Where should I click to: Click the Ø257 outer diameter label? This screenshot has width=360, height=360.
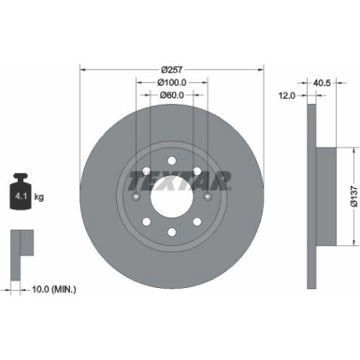[x=170, y=69]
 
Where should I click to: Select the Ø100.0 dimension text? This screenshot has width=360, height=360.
[x=170, y=82]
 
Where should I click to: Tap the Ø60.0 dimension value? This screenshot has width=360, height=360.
[x=170, y=94]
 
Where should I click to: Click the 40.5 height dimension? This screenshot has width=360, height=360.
[x=322, y=82]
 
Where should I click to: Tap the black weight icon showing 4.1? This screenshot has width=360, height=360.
[x=22, y=194]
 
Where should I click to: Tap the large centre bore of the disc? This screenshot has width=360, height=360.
[x=171, y=196]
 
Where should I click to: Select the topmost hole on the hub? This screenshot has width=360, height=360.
[x=171, y=156]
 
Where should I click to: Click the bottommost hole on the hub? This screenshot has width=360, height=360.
[x=171, y=237]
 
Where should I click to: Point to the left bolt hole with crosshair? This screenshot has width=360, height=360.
[x=137, y=196]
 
